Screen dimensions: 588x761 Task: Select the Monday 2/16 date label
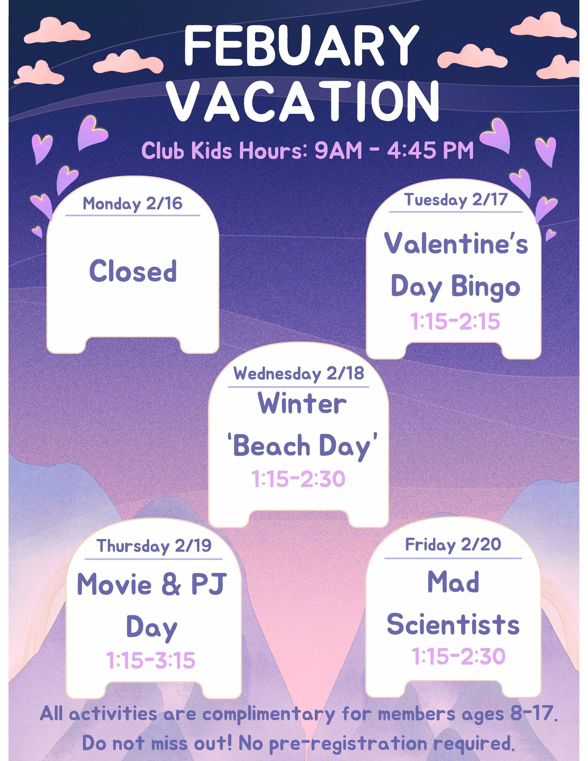132,203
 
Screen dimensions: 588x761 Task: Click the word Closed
133,271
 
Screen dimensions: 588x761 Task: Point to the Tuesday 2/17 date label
456,200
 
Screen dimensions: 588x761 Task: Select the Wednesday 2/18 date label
299,374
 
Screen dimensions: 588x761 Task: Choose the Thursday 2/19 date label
154,546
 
